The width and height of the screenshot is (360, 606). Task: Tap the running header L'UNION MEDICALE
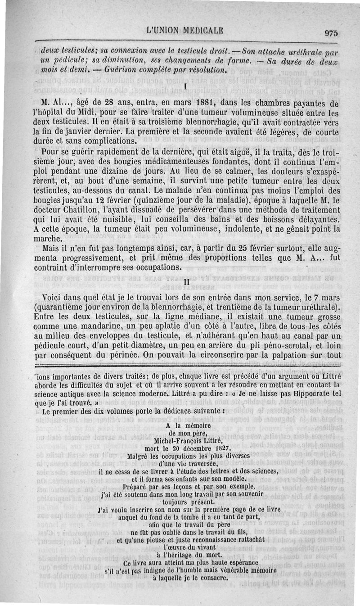click(184, 31)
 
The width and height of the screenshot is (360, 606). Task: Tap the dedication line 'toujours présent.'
click(184, 502)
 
